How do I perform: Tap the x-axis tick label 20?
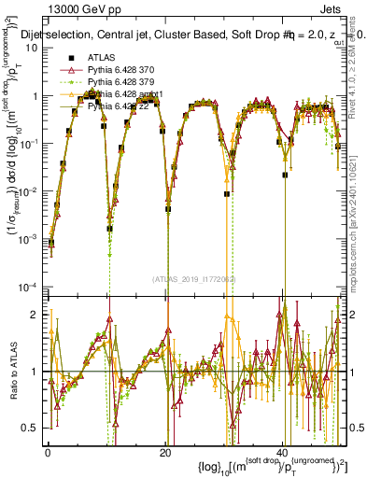coord(165,451)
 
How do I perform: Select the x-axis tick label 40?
coord(283,451)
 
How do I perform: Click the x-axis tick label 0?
coord(48,451)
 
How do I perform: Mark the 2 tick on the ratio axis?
coord(37,315)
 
